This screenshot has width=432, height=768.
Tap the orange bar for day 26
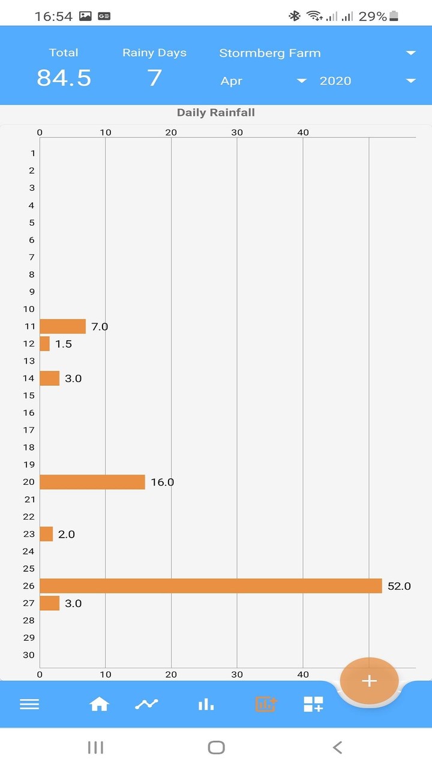tap(211, 586)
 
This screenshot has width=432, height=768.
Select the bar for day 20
tap(92, 482)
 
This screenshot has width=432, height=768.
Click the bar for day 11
tap(62, 326)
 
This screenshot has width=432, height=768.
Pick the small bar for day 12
tap(45, 344)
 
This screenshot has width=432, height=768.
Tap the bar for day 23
tap(46, 534)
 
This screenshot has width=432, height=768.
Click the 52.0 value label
tap(399, 586)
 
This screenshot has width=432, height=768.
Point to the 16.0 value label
tap(162, 482)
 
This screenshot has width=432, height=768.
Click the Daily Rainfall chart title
tap(216, 113)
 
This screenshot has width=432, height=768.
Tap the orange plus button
tap(369, 681)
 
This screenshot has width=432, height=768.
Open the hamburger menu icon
tap(29, 704)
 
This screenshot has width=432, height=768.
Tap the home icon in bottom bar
tap(99, 704)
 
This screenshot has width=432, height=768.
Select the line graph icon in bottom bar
tap(146, 704)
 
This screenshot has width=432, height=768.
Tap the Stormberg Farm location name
tap(270, 53)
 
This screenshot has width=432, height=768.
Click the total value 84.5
tap(64, 78)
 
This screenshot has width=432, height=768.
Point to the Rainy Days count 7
tap(154, 78)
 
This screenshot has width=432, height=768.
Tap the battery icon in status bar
tap(394, 16)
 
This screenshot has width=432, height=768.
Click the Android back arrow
tap(337, 747)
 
